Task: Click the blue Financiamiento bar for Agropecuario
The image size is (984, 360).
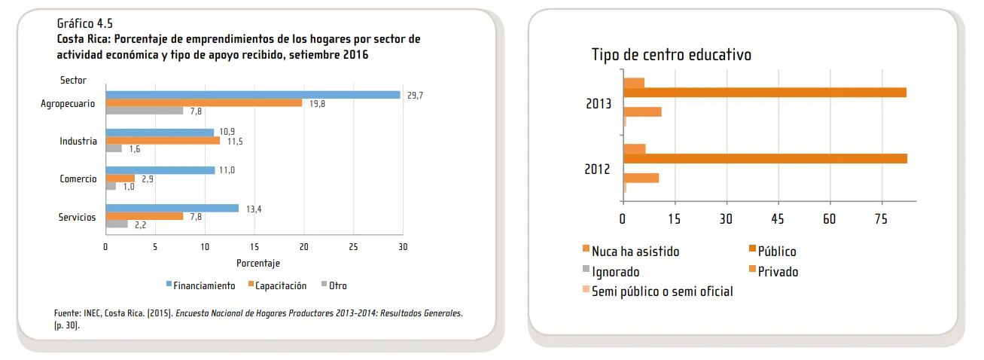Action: point(252,95)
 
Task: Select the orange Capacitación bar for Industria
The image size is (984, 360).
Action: point(163,141)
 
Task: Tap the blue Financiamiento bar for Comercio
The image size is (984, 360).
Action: point(160,170)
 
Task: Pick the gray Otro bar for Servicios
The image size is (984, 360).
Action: point(117,224)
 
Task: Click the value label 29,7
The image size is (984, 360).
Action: point(415,95)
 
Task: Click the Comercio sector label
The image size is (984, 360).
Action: point(78,179)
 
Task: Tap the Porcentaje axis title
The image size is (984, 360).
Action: point(258,263)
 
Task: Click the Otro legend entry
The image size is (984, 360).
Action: point(337,285)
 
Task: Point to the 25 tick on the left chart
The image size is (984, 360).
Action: point(353,247)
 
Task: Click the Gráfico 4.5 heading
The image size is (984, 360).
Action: point(85,23)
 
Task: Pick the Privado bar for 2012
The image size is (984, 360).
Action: point(641,178)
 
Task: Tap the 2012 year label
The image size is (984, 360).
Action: point(598,169)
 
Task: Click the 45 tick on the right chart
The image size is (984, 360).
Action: point(778,218)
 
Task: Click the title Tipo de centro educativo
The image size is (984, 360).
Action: point(671,55)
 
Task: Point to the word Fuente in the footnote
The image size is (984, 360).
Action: point(67,313)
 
